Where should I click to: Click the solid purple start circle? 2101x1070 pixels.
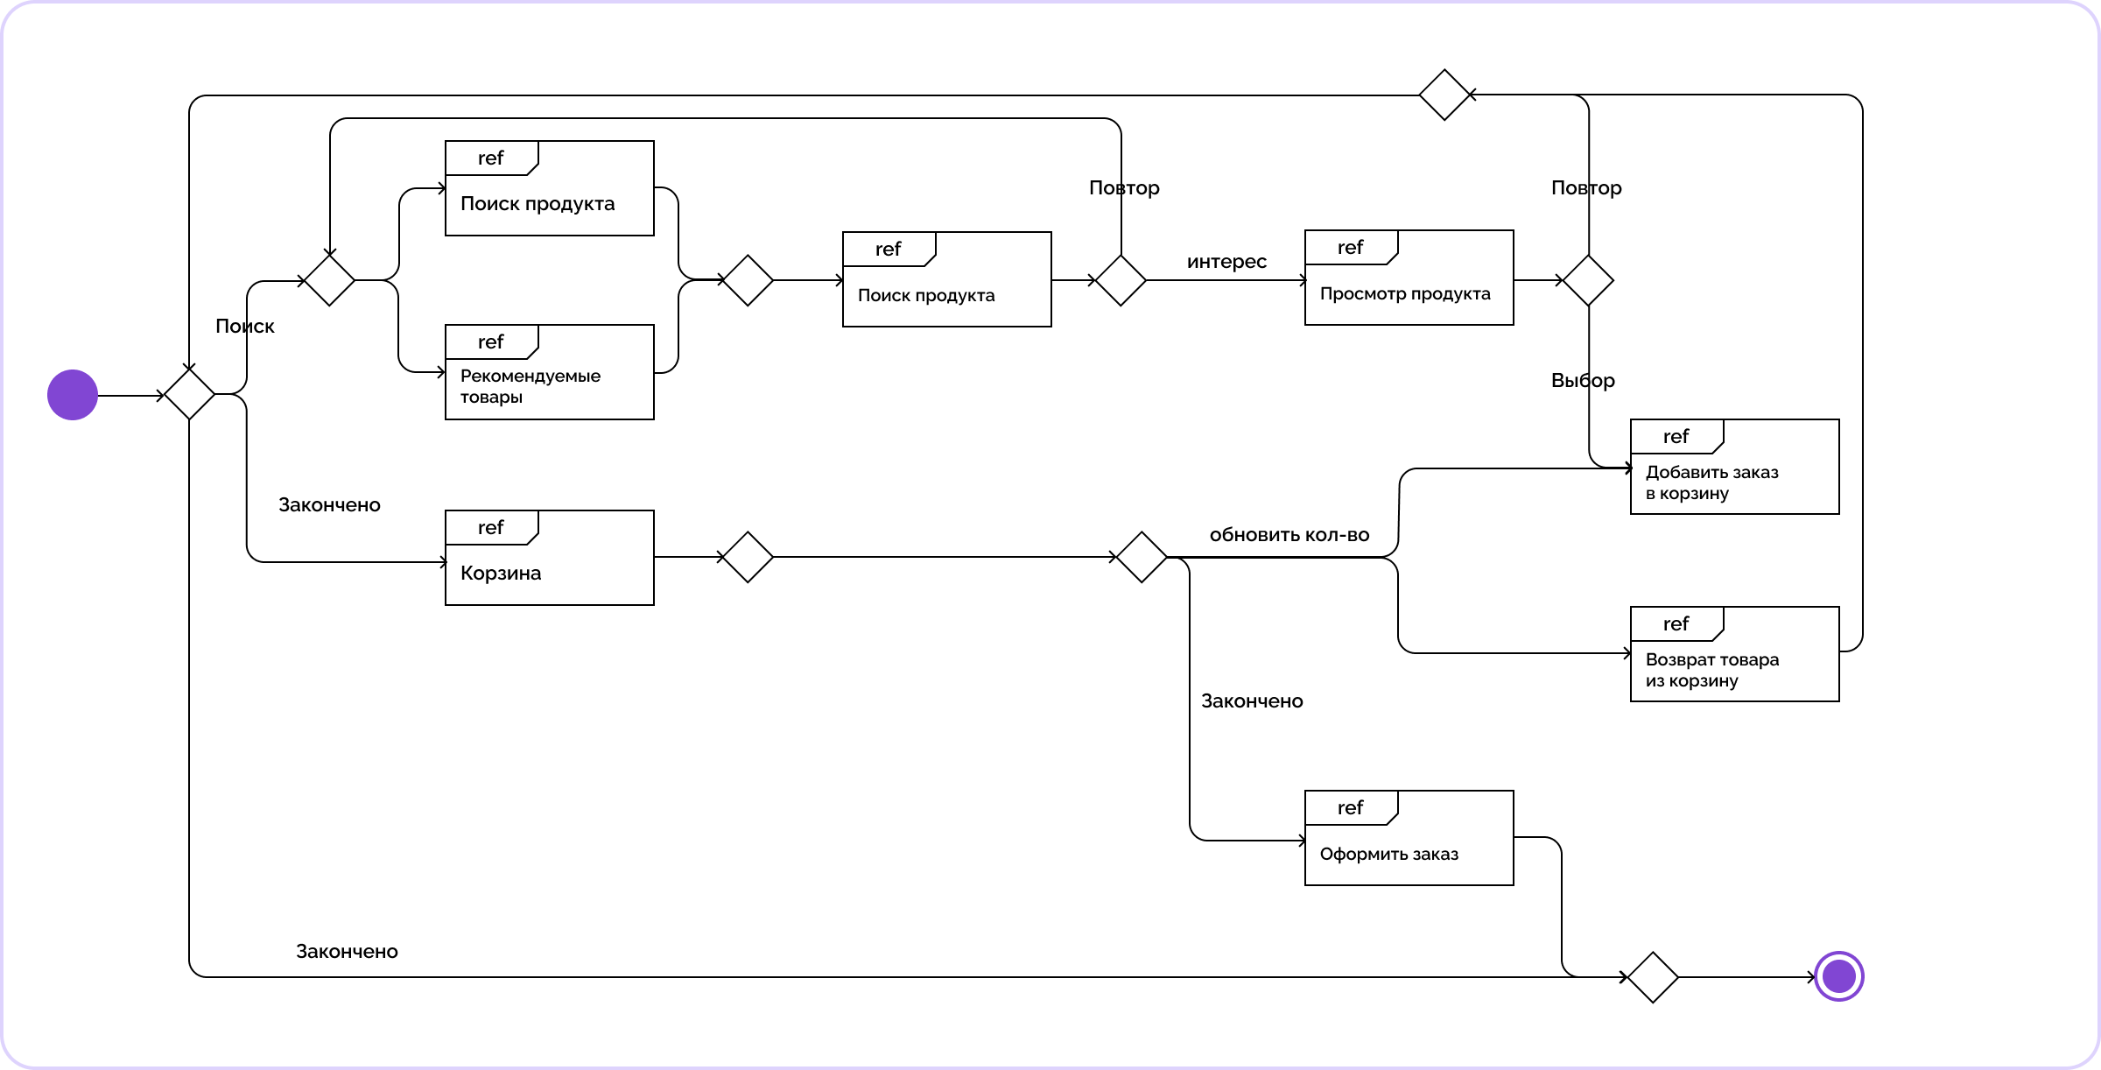[73, 395]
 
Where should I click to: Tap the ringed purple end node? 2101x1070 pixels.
[1839, 976]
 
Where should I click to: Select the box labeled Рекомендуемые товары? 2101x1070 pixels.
[550, 372]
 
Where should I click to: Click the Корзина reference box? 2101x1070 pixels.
[550, 558]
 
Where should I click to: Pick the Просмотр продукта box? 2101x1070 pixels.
[1409, 278]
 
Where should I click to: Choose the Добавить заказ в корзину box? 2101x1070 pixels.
[1735, 467]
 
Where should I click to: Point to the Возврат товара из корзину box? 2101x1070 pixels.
[1735, 654]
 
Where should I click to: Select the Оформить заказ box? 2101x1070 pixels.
[1409, 838]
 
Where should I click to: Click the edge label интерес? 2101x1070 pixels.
[1226, 261]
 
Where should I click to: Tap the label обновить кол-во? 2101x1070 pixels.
[1289, 535]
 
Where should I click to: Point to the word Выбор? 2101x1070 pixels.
[1583, 380]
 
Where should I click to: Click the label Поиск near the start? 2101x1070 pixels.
[245, 326]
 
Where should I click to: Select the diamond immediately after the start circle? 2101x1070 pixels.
[189, 394]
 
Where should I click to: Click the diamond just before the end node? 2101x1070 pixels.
[1653, 977]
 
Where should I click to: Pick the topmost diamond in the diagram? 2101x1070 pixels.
[1444, 95]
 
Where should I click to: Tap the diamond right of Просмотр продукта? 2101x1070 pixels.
[1588, 280]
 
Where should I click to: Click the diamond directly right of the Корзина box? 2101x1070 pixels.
[748, 557]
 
